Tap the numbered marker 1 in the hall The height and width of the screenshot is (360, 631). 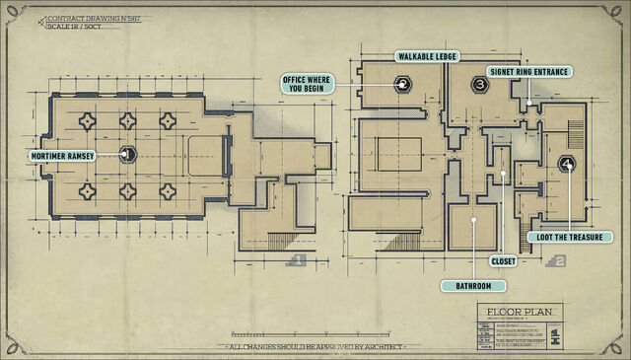126,154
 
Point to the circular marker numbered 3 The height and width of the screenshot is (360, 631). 479,86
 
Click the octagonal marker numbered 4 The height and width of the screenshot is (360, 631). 567,164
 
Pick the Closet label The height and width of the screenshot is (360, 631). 503,260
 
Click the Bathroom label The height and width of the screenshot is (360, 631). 473,285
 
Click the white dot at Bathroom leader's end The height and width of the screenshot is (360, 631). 474,220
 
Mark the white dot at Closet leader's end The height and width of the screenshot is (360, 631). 503,174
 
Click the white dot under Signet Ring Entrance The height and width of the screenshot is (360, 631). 529,103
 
